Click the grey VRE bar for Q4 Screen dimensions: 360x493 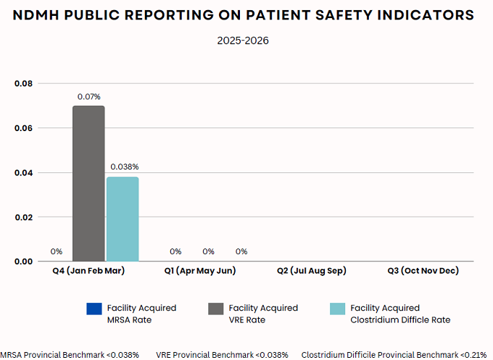[88, 183]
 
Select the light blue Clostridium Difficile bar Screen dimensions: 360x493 [123, 219]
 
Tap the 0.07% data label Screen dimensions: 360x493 [89, 96]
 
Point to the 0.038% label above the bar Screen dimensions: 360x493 [124, 167]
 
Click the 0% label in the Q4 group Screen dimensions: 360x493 [57, 251]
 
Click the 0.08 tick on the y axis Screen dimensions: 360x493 [24, 84]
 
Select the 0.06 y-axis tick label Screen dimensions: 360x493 [24, 128]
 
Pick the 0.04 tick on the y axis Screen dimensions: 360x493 [24, 172]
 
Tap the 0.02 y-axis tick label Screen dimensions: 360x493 [24, 217]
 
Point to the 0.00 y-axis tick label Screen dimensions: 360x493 [24, 261]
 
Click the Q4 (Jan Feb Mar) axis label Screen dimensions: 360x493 [88, 271]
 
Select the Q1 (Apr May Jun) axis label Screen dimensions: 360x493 [199, 271]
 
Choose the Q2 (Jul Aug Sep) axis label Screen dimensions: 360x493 [311, 271]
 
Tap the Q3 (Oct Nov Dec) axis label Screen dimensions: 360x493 [423, 271]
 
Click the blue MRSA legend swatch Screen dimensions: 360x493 [94, 309]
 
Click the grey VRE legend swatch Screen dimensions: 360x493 [215, 309]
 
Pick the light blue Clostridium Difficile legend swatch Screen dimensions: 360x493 [336, 309]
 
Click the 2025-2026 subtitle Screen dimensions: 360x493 [243, 41]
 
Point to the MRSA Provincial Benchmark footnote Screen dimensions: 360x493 [70, 355]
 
